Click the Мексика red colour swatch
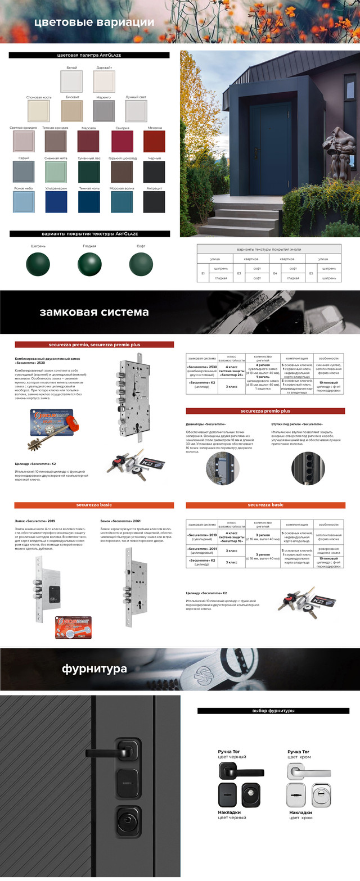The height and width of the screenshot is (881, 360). pyautogui.click(x=154, y=141)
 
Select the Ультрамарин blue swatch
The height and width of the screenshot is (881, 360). pyautogui.click(x=56, y=202)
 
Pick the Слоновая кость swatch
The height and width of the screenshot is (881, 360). pyautogui.click(x=39, y=111)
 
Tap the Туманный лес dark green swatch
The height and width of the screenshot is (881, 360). pyautogui.click(x=88, y=171)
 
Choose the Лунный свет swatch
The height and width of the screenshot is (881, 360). pyautogui.click(x=136, y=111)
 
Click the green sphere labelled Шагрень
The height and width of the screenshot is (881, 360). pyautogui.click(x=38, y=264)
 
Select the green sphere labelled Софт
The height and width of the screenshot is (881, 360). pyautogui.click(x=141, y=264)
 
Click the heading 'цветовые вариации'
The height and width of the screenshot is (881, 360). pyautogui.click(x=94, y=22)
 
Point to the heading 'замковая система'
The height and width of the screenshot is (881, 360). pyautogui.click(x=94, y=312)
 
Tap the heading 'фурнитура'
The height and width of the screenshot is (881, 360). pyautogui.click(x=94, y=669)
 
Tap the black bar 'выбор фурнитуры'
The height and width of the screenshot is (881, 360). pyautogui.click(x=271, y=711)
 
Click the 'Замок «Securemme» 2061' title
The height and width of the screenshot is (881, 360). pyautogui.click(x=120, y=521)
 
